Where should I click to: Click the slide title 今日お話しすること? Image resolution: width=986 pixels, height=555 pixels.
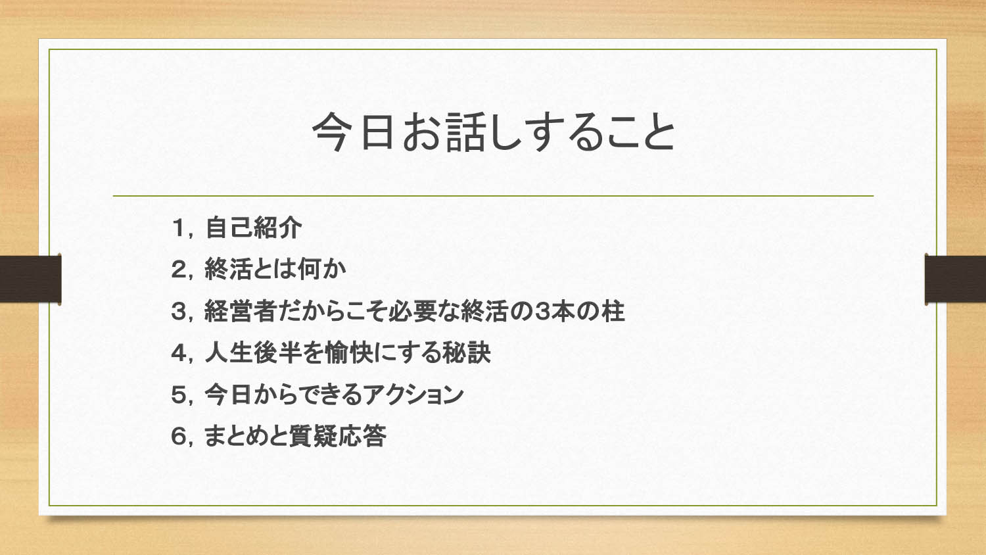coord(494,132)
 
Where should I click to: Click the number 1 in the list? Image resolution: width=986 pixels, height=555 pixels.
coord(179,228)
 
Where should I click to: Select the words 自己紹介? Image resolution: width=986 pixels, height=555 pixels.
coord(254,228)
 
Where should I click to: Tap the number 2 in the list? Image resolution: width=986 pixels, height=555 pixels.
coord(179,269)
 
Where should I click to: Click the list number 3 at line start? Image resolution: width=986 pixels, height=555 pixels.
coord(179,311)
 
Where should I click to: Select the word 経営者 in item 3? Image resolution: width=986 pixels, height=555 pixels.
coord(240,311)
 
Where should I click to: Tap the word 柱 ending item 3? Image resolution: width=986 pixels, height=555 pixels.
coord(613,311)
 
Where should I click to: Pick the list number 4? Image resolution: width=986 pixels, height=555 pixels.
coord(179,353)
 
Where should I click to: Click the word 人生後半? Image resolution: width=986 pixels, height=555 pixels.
coord(253,353)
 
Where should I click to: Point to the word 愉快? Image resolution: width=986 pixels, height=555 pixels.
coord(350,353)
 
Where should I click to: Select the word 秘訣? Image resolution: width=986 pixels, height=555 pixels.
coord(467,353)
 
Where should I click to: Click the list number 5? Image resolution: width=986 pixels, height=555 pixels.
coord(179,395)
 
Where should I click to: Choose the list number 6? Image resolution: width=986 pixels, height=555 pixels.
coord(179,436)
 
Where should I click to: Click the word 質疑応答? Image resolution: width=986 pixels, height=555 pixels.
coord(338,436)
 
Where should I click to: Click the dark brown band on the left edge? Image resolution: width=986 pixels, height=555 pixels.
coord(30,279)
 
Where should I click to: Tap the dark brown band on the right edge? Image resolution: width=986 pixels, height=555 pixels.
coord(955,279)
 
